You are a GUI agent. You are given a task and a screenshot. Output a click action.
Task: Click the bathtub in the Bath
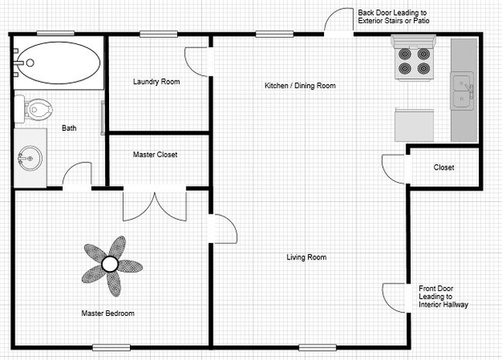point(58,63)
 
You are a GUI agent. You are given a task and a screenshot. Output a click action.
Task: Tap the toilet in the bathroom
point(33,108)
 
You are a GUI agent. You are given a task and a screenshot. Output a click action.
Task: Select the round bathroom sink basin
point(29,159)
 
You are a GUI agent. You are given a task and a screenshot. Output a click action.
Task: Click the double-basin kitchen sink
point(463,91)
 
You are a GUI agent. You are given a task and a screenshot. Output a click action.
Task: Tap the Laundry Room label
point(156,82)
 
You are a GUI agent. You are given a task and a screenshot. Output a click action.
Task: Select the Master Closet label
point(155,155)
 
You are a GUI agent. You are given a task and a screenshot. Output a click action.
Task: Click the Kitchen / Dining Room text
point(300,86)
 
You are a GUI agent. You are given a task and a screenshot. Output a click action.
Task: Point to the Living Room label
point(306,257)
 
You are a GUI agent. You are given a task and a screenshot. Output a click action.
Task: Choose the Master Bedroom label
point(108,314)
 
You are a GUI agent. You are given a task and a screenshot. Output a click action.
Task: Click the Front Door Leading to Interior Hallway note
point(443,297)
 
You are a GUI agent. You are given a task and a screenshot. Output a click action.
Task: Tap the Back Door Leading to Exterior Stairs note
point(394,17)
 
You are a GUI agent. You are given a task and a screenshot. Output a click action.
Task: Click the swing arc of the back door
point(330,15)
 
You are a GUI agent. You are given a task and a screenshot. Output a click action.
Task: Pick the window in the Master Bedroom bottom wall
point(111,348)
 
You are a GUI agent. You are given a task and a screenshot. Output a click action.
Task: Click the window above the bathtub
point(56,33)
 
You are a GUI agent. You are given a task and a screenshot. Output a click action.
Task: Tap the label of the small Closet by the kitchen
point(444,167)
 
